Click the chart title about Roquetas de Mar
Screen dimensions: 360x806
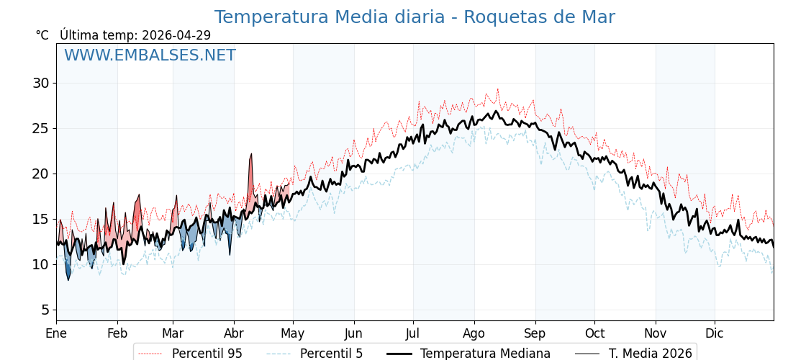415,17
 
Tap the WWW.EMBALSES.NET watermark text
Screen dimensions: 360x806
150,55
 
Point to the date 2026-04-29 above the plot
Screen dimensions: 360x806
176,35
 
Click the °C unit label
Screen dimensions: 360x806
42,35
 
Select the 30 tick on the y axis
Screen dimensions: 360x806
41,83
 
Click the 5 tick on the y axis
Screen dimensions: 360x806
45,310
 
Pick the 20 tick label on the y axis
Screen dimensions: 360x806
41,174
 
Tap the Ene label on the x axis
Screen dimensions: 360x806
56,333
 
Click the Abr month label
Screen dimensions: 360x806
234,333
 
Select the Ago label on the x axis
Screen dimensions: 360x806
474,333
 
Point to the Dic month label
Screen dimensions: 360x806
715,333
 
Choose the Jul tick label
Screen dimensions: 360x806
413,333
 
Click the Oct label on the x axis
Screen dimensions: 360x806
594,333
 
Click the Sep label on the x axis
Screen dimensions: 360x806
535,333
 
